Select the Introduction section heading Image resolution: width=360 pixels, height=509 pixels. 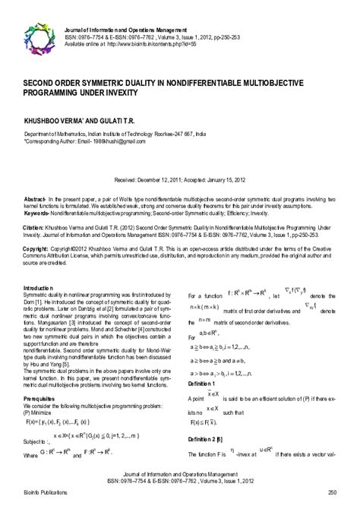point(39,288)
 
